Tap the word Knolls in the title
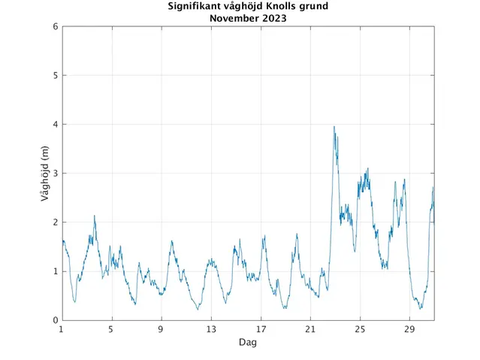click(x=276, y=8)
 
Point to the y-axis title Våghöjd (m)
click(x=45, y=174)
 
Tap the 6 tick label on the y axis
click(x=55, y=26)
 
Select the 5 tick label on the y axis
click(x=55, y=75)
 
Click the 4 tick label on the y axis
click(x=55, y=124)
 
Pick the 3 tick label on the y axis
click(x=55, y=174)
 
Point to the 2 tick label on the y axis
click(x=55, y=222)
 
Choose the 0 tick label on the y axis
click(x=55, y=320)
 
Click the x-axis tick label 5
click(x=111, y=329)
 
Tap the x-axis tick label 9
click(x=161, y=329)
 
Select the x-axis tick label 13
click(x=211, y=329)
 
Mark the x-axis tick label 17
click(x=261, y=329)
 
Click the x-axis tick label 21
click(x=310, y=329)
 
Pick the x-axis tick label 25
click(x=360, y=329)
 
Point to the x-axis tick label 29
click(x=409, y=329)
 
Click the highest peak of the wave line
click(x=334, y=127)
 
